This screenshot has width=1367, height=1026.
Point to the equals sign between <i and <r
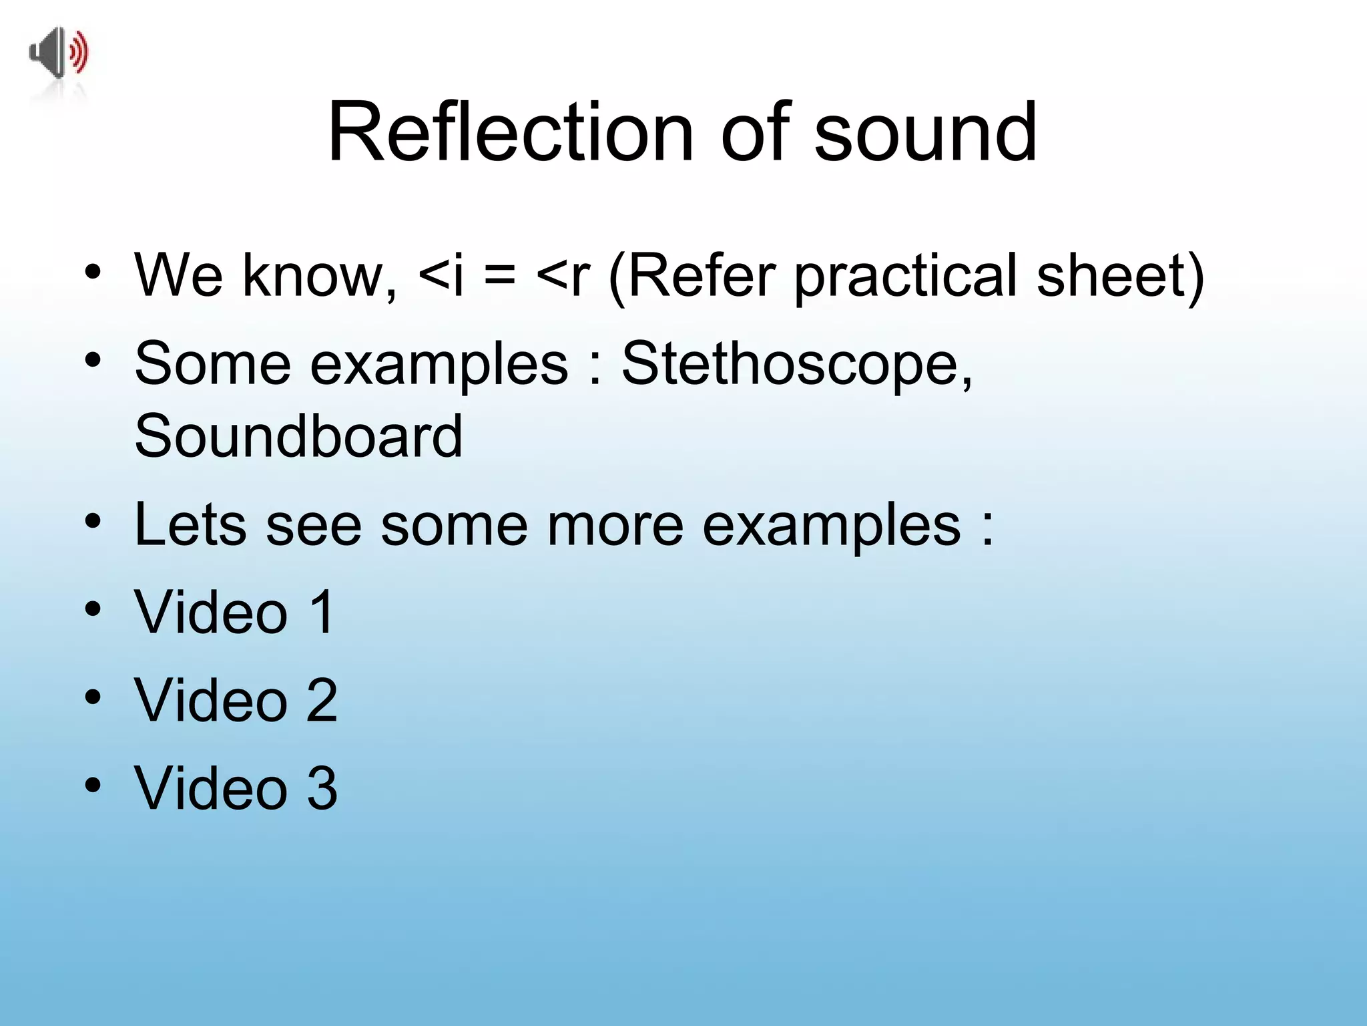[500, 276]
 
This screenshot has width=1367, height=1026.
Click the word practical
[906, 276]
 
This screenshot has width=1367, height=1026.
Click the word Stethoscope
[797, 364]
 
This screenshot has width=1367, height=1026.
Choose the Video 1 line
[234, 612]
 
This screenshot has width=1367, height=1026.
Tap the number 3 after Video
[322, 788]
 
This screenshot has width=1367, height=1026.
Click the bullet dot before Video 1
[93, 609]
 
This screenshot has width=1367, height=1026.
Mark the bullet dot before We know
[93, 272]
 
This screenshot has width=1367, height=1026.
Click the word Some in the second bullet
[213, 364]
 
